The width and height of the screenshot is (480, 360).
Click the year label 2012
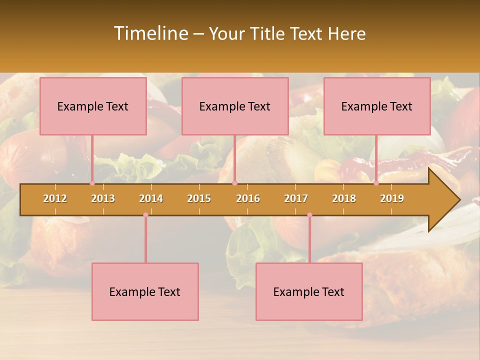(x=55, y=198)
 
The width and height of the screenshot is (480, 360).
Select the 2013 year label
(x=103, y=198)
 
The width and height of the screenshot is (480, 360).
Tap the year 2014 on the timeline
(x=151, y=198)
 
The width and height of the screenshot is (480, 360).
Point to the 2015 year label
(x=199, y=198)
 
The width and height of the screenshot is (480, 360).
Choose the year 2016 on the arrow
(x=248, y=198)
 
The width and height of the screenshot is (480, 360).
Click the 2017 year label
(x=296, y=198)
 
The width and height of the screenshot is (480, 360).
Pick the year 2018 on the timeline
(x=344, y=198)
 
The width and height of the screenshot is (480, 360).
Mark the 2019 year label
(x=392, y=198)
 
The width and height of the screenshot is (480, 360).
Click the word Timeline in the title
(x=150, y=33)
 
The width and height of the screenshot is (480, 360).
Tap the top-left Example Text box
(x=93, y=106)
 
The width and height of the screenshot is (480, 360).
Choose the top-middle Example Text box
(x=235, y=106)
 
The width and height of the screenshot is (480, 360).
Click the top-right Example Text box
(x=377, y=106)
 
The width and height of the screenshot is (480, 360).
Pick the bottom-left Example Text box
(x=145, y=291)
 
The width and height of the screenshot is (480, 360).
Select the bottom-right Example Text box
(x=309, y=291)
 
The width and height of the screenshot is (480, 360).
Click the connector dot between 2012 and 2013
(x=92, y=183)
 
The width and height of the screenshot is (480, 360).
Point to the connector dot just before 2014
(x=145, y=215)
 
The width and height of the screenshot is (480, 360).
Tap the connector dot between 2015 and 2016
(x=234, y=183)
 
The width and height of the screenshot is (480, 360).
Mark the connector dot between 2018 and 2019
(x=376, y=183)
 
